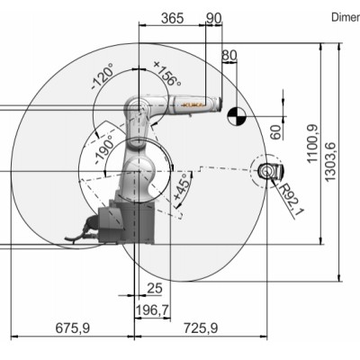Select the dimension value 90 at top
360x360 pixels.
[213, 18]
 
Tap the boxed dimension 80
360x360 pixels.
[229, 56]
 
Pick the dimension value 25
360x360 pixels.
[154, 288]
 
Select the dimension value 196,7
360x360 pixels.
[152, 310]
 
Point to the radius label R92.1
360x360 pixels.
[290, 192]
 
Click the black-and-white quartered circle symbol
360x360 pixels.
[236, 114]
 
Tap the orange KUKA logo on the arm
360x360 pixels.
[194, 105]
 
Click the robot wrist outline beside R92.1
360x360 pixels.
[266, 170]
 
